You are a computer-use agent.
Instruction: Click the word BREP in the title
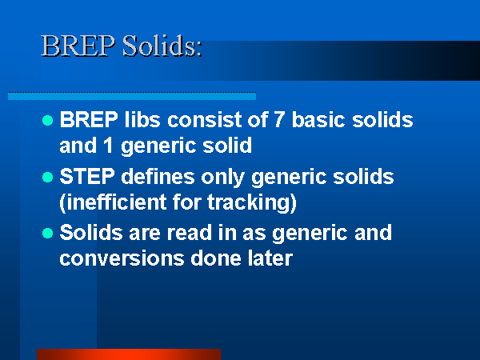pos(78,46)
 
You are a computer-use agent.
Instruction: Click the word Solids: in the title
pos(162,46)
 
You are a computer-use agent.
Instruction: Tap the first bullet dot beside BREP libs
pos(47,120)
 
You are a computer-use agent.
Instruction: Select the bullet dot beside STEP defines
pos(47,178)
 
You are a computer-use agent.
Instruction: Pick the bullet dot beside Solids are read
pos(47,234)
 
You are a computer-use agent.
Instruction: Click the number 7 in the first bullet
pos(279,119)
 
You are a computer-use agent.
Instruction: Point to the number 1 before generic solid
pos(108,145)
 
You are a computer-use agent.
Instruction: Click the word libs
pos(142,119)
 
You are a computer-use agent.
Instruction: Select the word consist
pos(205,119)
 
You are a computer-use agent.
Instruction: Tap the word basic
pos(318,119)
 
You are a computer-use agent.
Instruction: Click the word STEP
pos(87,176)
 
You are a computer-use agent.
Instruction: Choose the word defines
pos(158,176)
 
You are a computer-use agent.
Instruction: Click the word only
pos(223,178)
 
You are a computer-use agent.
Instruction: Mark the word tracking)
pos(252,202)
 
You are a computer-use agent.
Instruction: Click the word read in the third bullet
pos(190,233)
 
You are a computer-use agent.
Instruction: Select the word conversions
pos(122,258)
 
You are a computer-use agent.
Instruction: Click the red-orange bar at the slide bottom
pos(129,354)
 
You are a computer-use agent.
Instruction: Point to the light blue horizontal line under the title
pos(132,96)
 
